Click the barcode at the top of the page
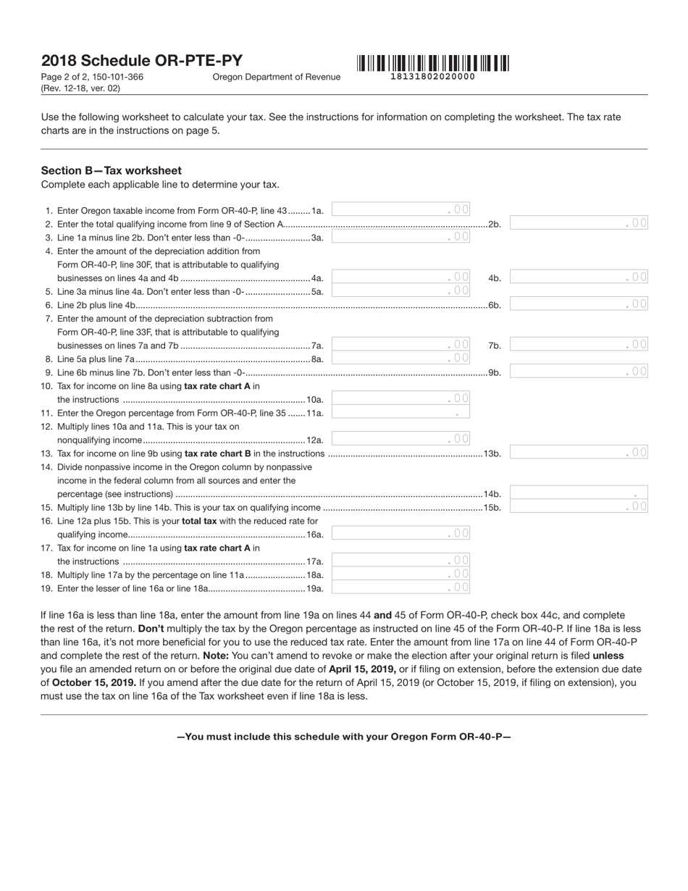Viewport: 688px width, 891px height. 432,63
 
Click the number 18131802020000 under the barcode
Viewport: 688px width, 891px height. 432,77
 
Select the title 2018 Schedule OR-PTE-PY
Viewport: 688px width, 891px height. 142,61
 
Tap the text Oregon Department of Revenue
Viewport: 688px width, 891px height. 276,77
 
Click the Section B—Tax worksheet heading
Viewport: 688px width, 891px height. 112,170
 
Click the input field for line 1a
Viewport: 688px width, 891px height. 400,209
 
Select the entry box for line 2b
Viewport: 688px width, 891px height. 579,223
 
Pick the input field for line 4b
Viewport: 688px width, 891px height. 579,277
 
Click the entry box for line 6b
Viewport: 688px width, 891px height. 579,304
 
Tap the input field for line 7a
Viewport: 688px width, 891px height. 400,345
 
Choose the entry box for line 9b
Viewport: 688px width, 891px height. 579,372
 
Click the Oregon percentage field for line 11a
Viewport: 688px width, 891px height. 400,412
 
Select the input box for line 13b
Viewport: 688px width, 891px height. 579,453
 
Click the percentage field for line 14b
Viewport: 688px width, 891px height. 579,493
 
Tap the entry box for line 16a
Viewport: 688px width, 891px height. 400,533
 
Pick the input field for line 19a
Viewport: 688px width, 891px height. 400,587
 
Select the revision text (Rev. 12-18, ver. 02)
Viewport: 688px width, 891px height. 80,88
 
